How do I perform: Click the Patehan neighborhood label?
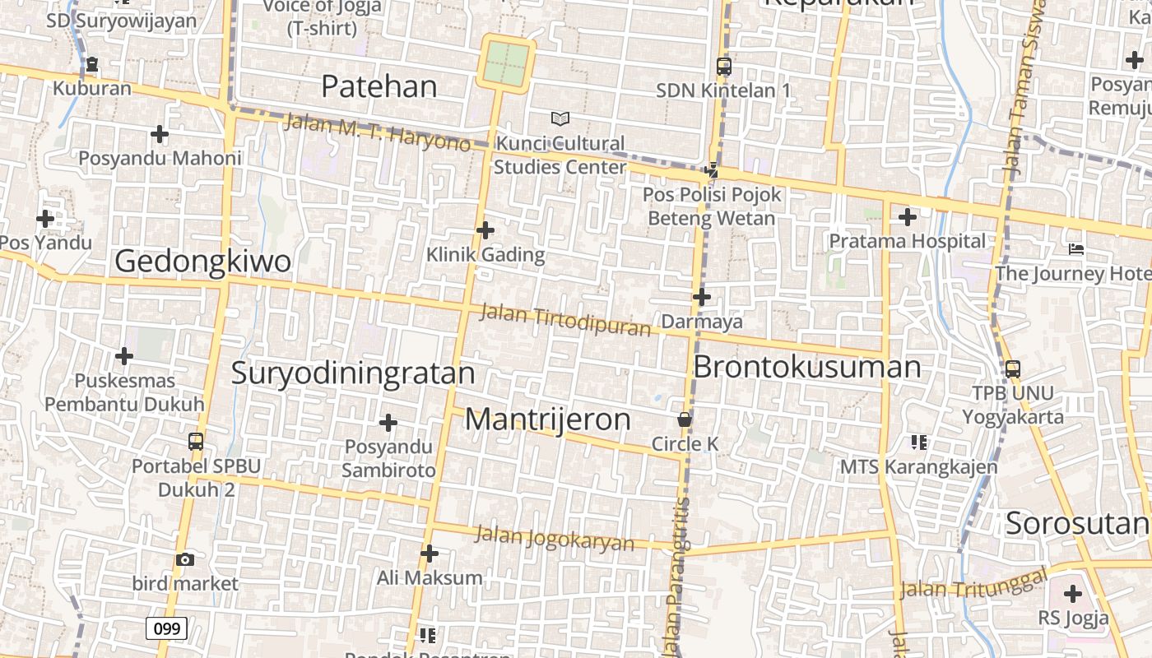tap(379, 86)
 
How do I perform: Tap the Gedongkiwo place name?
tap(202, 262)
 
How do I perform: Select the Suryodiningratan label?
tap(353, 373)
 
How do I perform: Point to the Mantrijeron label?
tap(548, 419)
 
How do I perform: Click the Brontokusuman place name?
tap(807, 367)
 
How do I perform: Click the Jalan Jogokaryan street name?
tap(555, 539)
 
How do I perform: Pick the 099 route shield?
tap(166, 629)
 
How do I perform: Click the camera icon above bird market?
tap(185, 560)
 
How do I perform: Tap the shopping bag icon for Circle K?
tap(684, 420)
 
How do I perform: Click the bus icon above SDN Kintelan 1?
tap(724, 67)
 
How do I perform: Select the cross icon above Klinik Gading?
tap(485, 230)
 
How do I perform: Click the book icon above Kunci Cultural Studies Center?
tap(560, 119)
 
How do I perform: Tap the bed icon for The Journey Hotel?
tap(1076, 249)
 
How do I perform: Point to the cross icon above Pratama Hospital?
tap(908, 217)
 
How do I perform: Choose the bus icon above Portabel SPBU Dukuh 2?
tap(196, 441)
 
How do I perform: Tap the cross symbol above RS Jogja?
tap(1073, 594)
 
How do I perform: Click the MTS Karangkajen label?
tap(918, 467)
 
